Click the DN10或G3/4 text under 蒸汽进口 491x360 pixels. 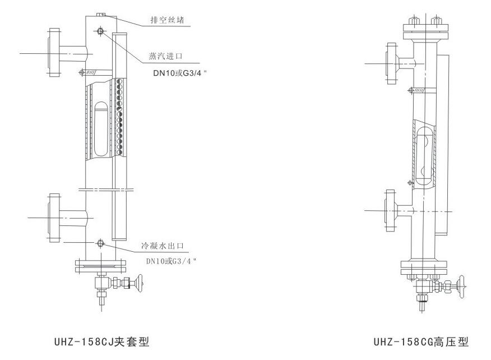(175, 73)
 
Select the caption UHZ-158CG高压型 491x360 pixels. (421, 341)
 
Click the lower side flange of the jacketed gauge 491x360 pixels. (54, 216)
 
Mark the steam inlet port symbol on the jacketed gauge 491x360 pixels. (100, 31)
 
